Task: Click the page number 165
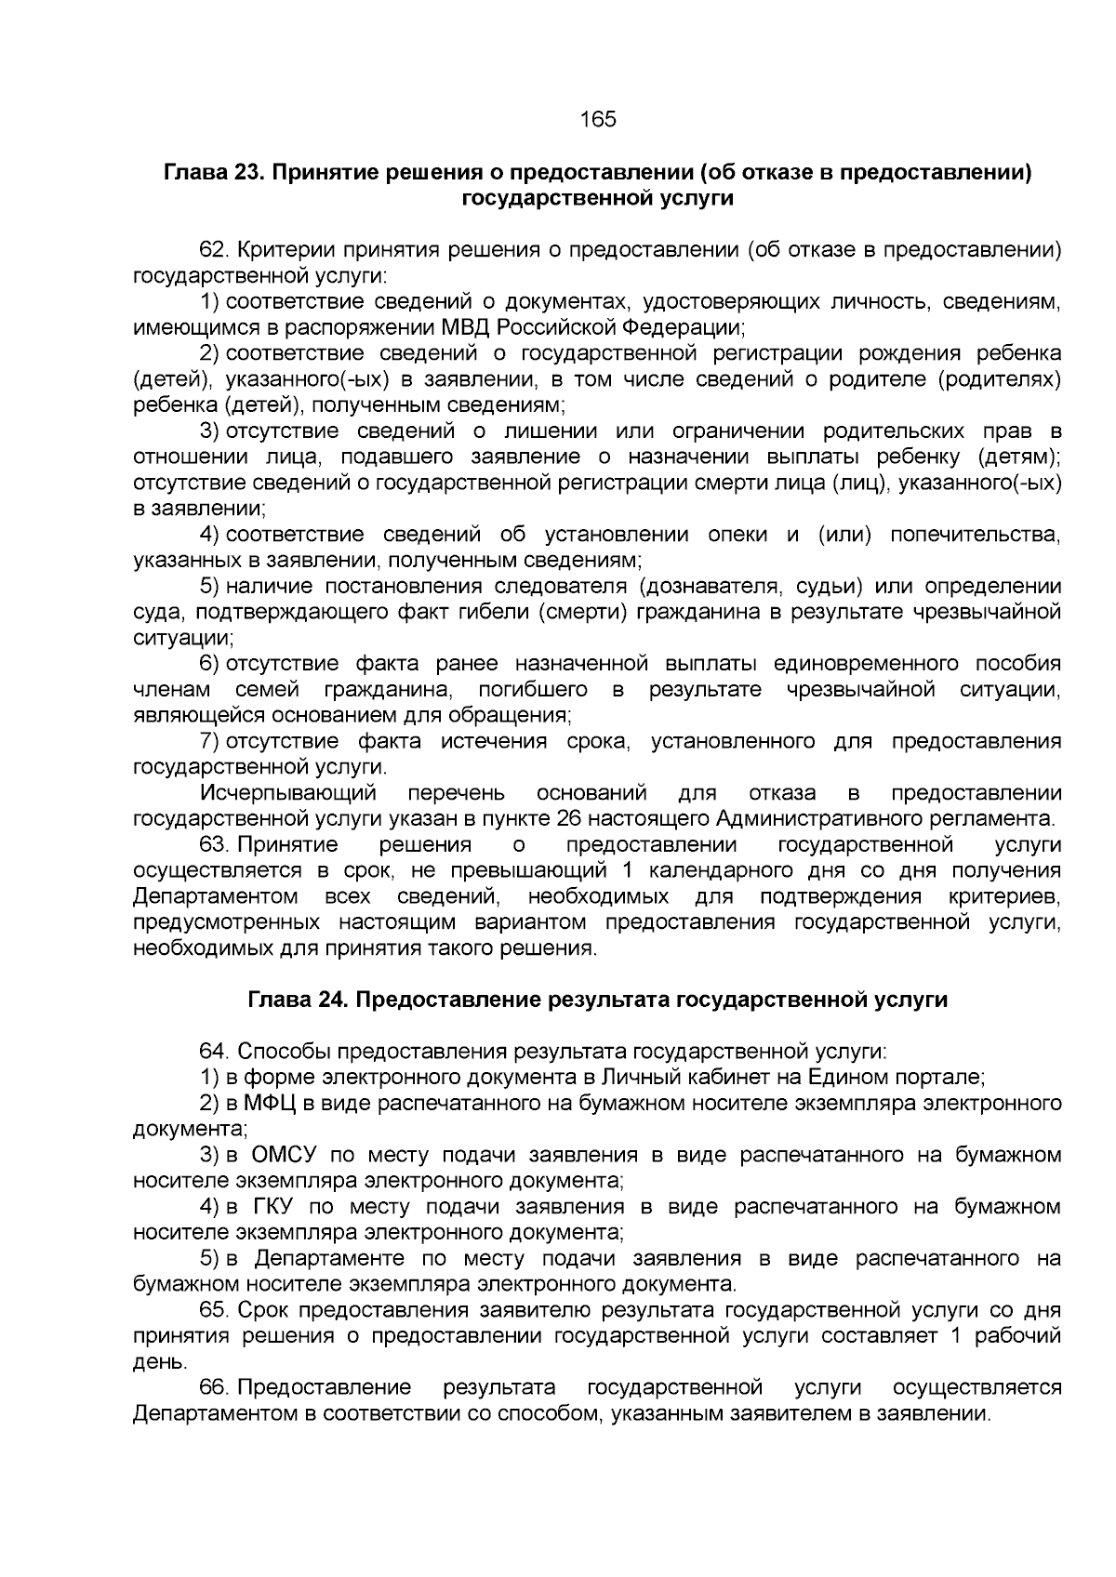point(598,120)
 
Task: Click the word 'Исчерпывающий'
point(287,793)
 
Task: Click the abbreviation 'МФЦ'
point(270,1104)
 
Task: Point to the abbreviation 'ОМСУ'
point(285,1156)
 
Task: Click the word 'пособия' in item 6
point(1017,664)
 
